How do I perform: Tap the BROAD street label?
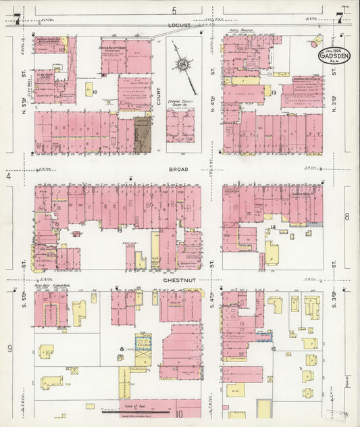pyautogui.click(x=180, y=170)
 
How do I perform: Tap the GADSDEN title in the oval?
pyautogui.click(x=334, y=57)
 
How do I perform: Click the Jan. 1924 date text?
pyautogui.click(x=334, y=49)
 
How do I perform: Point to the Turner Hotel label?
pyautogui.click(x=300, y=193)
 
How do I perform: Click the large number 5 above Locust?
pyautogui.click(x=174, y=9)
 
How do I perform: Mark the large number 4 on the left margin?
pyautogui.click(x=9, y=176)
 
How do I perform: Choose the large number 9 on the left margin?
pyautogui.click(x=9, y=348)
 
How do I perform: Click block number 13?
pyautogui.click(x=274, y=91)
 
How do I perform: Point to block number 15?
pyautogui.click(x=274, y=348)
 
